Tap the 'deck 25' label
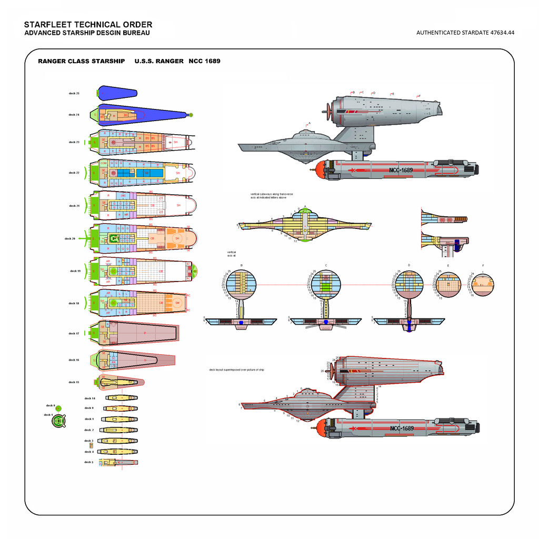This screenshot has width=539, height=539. point(74,93)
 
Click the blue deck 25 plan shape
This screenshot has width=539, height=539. point(117,93)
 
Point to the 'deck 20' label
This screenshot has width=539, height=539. point(69,238)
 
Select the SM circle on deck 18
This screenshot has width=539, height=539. point(177,303)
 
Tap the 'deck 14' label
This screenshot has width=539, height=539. point(89,398)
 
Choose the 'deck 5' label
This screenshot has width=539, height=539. point(88,462)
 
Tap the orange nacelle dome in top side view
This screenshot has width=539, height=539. point(317,169)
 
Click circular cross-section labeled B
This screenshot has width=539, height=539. point(242,284)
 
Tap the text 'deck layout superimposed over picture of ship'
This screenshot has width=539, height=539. point(236,370)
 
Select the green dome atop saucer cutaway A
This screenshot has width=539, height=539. point(305,212)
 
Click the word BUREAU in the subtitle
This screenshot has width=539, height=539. point(136,33)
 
